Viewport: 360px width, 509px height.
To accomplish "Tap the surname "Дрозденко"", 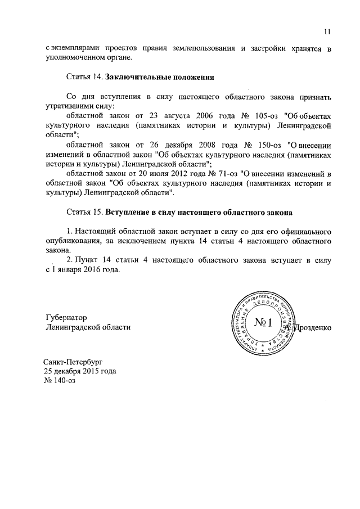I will click(314, 327).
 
